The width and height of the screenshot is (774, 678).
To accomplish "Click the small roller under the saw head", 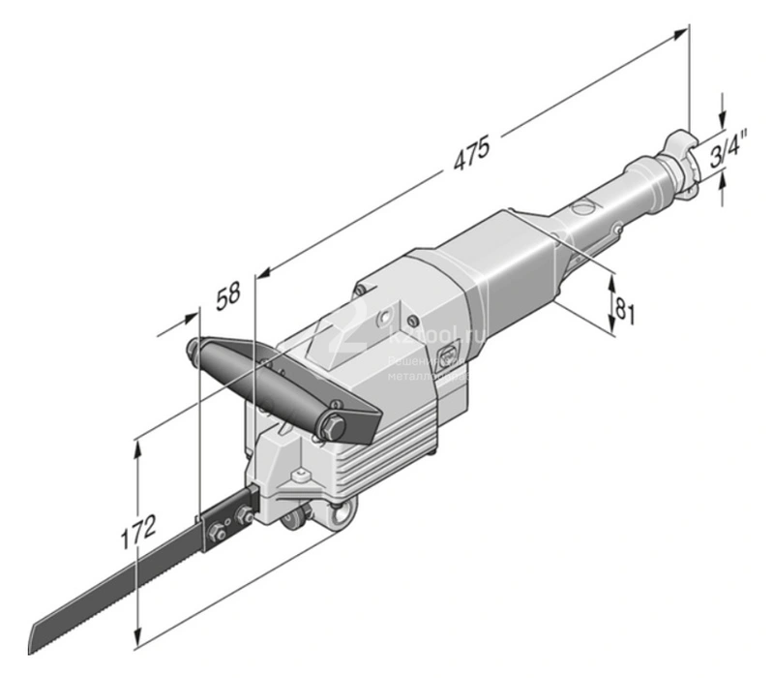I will [289, 524].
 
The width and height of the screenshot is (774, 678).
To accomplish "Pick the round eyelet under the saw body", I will [340, 518].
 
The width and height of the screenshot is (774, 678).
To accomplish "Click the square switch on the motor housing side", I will [447, 358].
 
